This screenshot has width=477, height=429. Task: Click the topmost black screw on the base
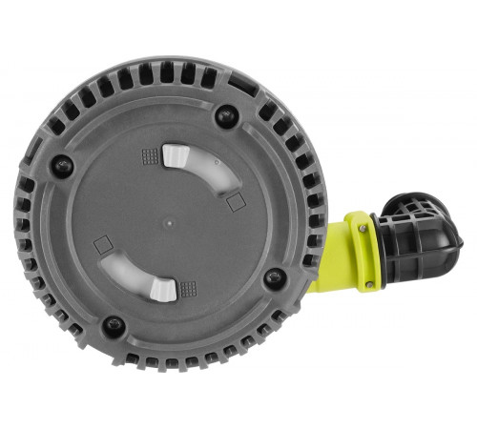(226, 116)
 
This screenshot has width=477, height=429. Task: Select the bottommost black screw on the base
(114, 325)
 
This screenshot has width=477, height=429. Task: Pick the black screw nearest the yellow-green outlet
(274, 277)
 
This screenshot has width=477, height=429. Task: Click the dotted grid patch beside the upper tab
(150, 155)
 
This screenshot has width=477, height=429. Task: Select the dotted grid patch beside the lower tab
(189, 286)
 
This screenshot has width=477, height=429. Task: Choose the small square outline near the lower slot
(101, 245)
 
